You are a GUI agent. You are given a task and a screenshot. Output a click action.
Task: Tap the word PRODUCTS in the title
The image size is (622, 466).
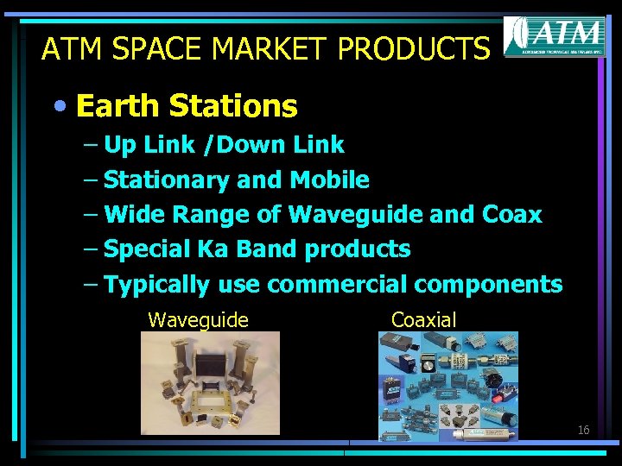tap(413, 48)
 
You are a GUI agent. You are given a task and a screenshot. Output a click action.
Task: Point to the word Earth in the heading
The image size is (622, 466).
tap(117, 106)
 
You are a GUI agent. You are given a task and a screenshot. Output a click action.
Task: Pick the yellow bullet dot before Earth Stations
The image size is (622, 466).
tap(59, 106)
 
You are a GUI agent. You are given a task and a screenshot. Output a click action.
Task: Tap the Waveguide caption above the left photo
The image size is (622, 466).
tap(198, 320)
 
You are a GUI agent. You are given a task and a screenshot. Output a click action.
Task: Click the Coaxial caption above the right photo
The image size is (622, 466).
tap(423, 319)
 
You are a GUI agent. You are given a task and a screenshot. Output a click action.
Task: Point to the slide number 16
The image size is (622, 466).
tap(583, 429)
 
